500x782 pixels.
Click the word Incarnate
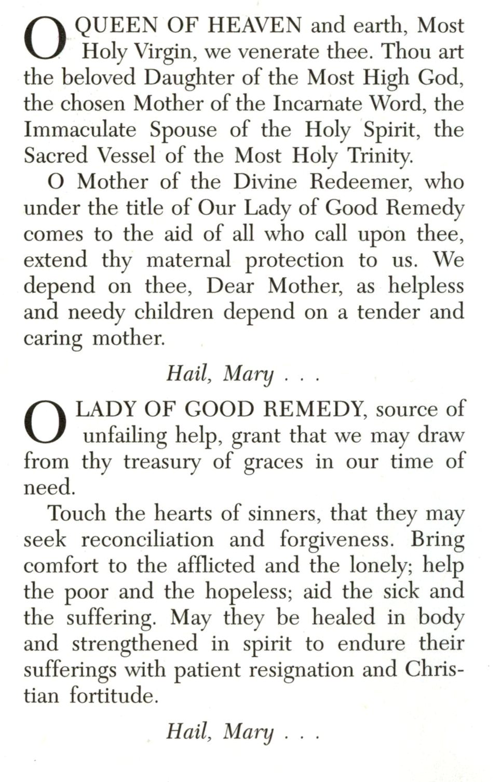pos(317,104)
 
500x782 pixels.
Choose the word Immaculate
pos(80,130)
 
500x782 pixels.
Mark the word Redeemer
pos(361,182)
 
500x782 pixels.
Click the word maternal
pos(188,260)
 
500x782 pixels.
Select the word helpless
pos(426,286)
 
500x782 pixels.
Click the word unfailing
pos(125,435)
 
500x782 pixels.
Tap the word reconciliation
pos(147,539)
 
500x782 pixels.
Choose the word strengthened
pos(135,644)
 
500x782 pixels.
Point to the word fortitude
pos(114,696)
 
